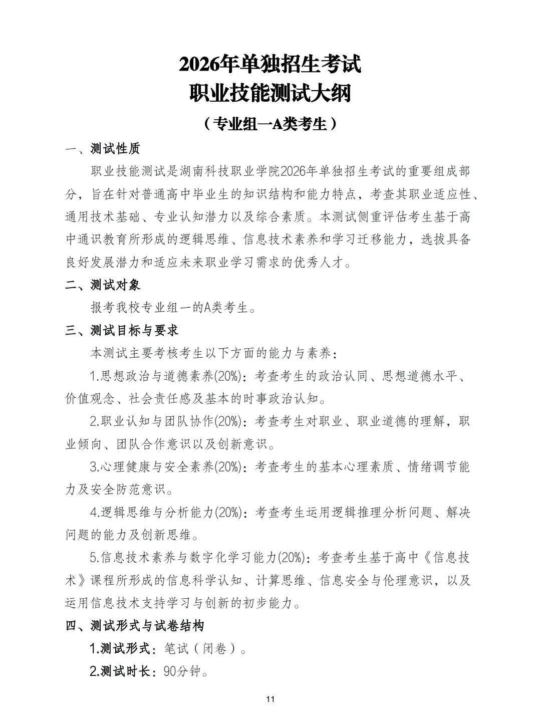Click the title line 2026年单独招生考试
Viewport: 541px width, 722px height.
tap(270, 65)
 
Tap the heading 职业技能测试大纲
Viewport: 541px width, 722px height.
tap(270, 94)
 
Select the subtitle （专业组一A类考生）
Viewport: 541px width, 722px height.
tap(270, 124)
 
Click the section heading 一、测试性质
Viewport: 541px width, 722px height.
tap(103, 149)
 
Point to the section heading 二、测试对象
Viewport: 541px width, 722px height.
tap(103, 285)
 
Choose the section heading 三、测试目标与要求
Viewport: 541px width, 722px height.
tap(122, 331)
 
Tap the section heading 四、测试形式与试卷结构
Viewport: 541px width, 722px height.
tap(135, 626)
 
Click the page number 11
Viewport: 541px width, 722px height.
tap(270, 699)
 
